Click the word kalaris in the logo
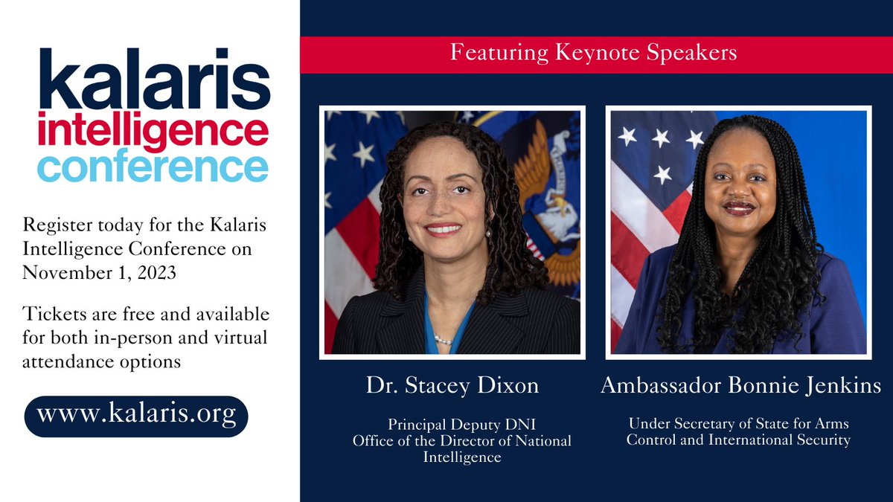154,80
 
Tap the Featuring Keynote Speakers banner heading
592,53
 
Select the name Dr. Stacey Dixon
452,385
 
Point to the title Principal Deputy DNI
461,425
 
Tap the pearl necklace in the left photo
444,340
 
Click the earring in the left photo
489,232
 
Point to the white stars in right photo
655,141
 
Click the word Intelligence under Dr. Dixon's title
461,457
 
